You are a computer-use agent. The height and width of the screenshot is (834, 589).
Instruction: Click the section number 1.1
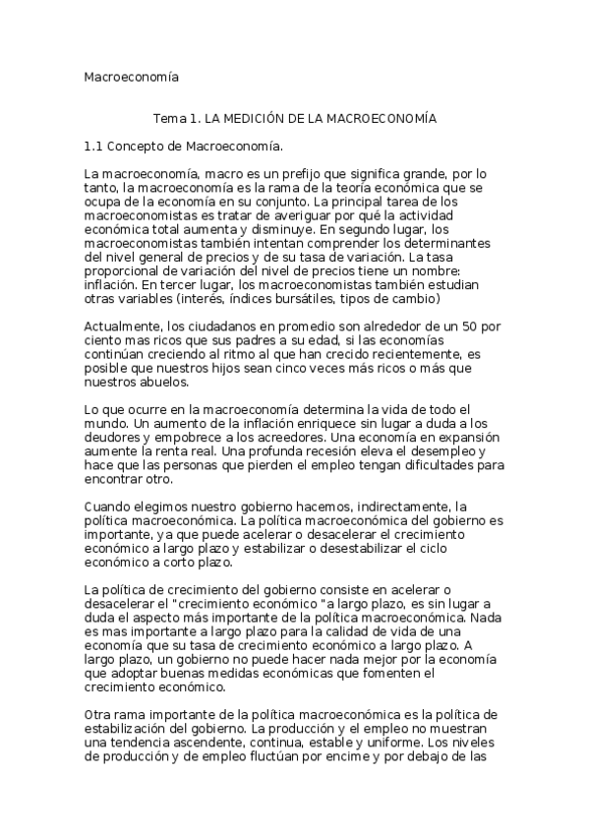(94, 147)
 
